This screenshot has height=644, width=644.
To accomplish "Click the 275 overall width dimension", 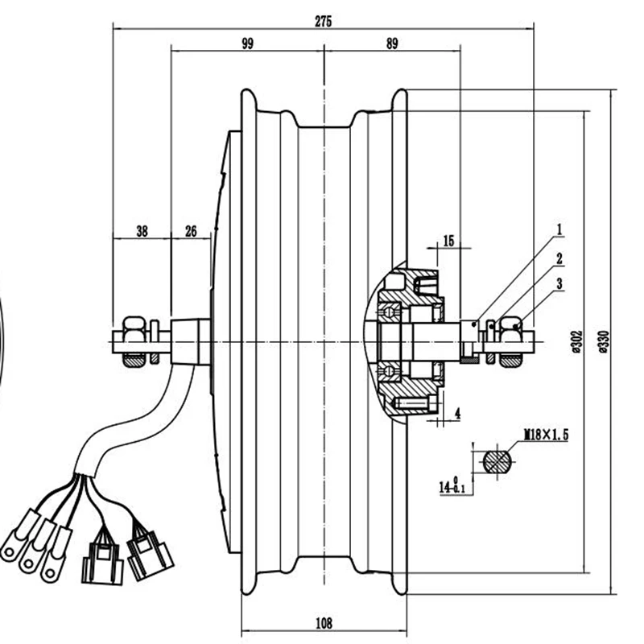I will (x=323, y=21).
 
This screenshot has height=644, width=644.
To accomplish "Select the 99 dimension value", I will (x=246, y=45).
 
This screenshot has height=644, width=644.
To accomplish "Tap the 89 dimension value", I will (x=391, y=45).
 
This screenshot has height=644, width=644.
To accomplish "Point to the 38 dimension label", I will (x=141, y=232).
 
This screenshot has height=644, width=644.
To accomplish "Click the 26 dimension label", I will (x=191, y=232).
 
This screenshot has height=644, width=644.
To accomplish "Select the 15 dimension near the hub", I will (x=448, y=240).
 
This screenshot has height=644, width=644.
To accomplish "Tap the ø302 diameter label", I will (x=576, y=341).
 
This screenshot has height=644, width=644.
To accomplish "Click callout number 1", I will (x=559, y=230).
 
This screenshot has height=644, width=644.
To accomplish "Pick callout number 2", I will (x=559, y=258).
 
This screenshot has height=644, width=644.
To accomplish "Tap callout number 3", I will (x=559, y=283).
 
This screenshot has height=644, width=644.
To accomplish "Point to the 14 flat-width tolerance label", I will (x=448, y=485).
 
